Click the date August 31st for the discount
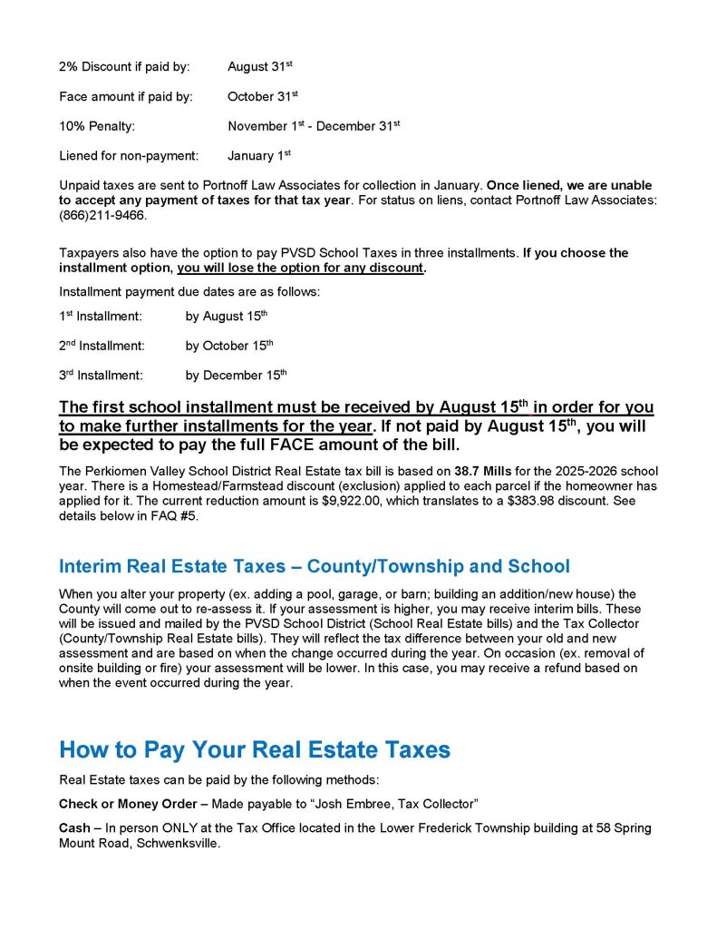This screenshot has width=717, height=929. point(259,67)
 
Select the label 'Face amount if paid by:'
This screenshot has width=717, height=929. point(126,97)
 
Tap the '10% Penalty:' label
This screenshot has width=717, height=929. point(97,127)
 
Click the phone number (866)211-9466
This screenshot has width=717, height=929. point(102,217)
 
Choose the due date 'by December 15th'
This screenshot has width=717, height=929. point(236,375)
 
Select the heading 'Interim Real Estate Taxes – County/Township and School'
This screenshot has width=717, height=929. point(315,567)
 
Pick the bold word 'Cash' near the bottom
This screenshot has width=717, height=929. point(75,828)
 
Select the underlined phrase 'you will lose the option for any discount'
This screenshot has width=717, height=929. point(300,269)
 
